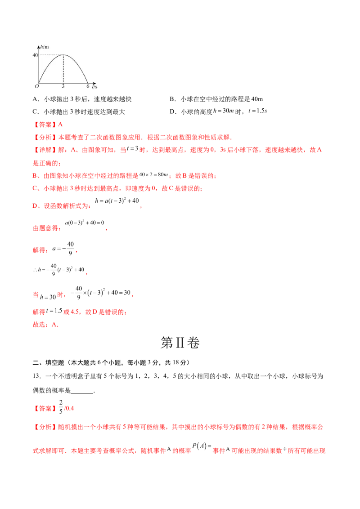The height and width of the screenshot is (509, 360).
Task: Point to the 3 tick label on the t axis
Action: [63, 86]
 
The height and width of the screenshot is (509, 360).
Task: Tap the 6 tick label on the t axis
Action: [88, 86]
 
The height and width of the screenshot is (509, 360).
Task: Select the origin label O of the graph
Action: [37, 86]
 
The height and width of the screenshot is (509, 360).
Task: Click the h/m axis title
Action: [44, 47]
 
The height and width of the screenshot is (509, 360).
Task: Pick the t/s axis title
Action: [95, 86]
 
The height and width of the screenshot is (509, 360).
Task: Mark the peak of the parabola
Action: [63, 55]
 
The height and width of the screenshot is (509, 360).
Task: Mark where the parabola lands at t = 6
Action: [88, 83]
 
